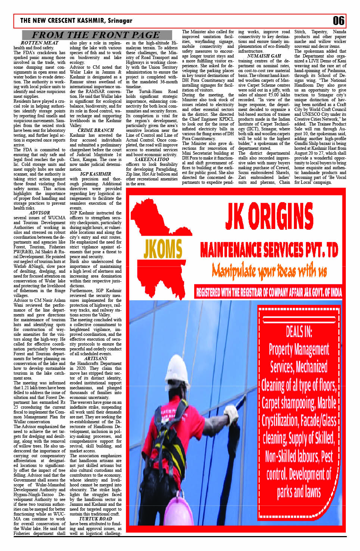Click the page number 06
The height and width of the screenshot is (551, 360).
point(338,21)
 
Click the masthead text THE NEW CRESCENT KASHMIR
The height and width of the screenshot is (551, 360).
point(63,21)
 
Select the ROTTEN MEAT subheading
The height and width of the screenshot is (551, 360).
point(39,43)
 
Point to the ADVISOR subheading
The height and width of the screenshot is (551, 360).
point(39,213)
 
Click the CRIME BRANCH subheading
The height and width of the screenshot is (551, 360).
point(96,130)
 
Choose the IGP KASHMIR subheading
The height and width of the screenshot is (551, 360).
point(96,174)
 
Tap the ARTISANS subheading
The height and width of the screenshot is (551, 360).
point(96,359)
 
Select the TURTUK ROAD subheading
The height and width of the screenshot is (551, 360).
point(96,519)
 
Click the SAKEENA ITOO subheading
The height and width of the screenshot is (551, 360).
point(152,160)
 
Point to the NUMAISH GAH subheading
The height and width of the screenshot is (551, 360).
point(264,56)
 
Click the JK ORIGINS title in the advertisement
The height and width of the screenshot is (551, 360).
point(269,217)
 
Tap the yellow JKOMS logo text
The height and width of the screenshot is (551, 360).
point(162,249)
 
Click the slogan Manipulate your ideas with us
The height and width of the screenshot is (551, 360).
point(269,270)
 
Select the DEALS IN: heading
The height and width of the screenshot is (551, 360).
point(299,331)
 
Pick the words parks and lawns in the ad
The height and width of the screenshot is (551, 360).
point(299,492)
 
